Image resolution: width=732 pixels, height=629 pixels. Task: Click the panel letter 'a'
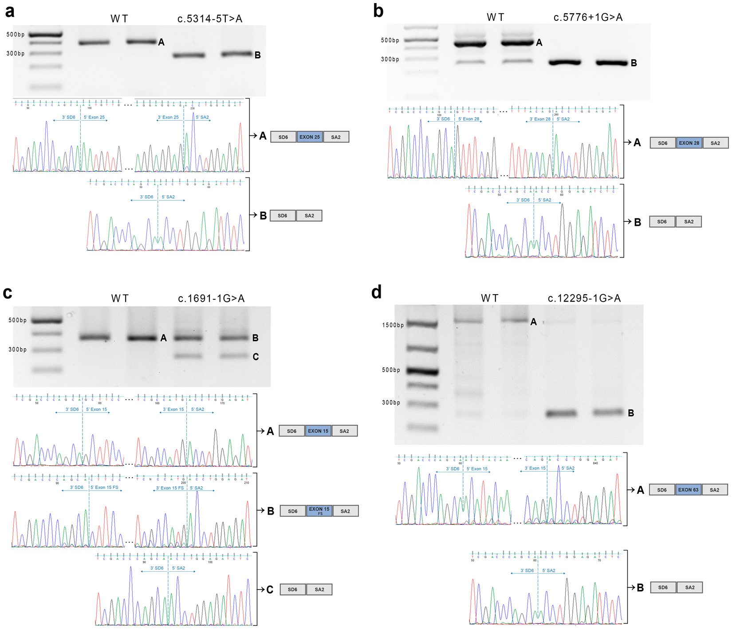(x=10, y=11)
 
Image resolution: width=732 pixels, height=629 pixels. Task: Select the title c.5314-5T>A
(x=210, y=19)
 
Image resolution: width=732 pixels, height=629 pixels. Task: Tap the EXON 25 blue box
(x=310, y=137)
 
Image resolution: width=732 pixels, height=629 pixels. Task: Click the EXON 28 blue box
(x=689, y=143)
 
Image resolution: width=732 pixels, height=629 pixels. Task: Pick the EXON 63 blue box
(x=688, y=490)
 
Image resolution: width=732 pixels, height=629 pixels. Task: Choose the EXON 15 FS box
(x=319, y=511)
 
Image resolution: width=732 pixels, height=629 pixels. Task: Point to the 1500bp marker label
(x=393, y=325)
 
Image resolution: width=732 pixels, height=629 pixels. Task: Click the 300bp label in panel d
(x=391, y=403)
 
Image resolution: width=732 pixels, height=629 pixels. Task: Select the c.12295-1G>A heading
(x=584, y=299)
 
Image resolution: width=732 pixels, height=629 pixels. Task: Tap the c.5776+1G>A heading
(x=588, y=17)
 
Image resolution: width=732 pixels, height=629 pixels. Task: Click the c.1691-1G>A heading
(x=211, y=299)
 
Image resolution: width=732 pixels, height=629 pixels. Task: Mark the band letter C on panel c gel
(x=256, y=357)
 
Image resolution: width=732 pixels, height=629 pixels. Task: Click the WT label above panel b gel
(x=495, y=17)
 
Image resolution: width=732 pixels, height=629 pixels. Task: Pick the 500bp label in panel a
(x=16, y=35)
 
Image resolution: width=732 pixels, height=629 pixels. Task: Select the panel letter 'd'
(x=376, y=293)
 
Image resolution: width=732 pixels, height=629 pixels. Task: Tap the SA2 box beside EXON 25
(x=336, y=137)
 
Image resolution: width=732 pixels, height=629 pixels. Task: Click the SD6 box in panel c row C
(x=292, y=590)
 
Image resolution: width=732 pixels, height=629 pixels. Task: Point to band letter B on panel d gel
(x=631, y=413)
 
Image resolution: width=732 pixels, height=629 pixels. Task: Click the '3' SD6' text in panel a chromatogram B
(x=146, y=197)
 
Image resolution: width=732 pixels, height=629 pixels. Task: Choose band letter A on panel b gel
(x=539, y=43)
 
